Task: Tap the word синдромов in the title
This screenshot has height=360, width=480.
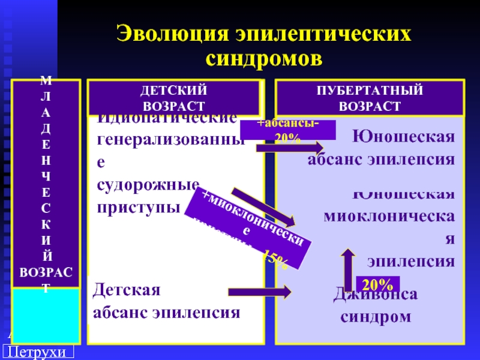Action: point(264,58)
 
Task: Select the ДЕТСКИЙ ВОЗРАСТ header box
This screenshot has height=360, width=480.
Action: point(174,98)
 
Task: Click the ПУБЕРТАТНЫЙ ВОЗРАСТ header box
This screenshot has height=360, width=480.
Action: point(370,98)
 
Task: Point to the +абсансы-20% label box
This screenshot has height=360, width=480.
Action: point(280,130)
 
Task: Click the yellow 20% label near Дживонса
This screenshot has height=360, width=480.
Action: point(378,284)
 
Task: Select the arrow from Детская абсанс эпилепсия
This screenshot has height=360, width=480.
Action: point(259,292)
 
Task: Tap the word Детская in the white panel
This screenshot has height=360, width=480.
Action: point(127,291)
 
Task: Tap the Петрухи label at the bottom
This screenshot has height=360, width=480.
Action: point(40,352)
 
